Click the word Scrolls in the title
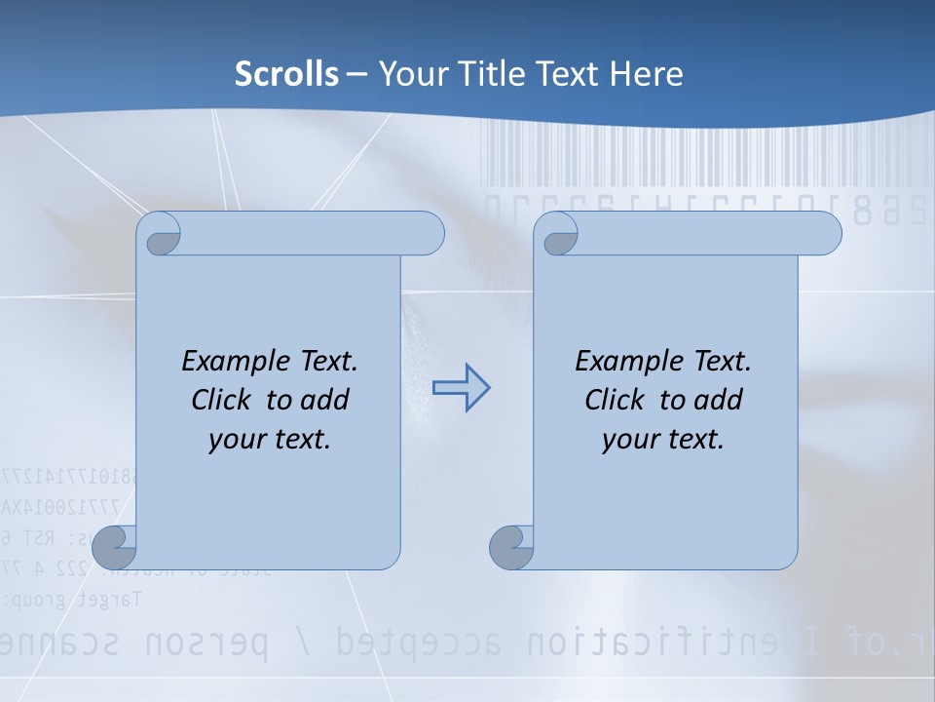point(287,74)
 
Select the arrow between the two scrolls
point(461,388)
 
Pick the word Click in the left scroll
point(220,400)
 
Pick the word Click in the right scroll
point(614,400)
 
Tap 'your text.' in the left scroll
point(270,439)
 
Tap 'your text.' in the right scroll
point(663,439)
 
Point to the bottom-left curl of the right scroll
point(511,546)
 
